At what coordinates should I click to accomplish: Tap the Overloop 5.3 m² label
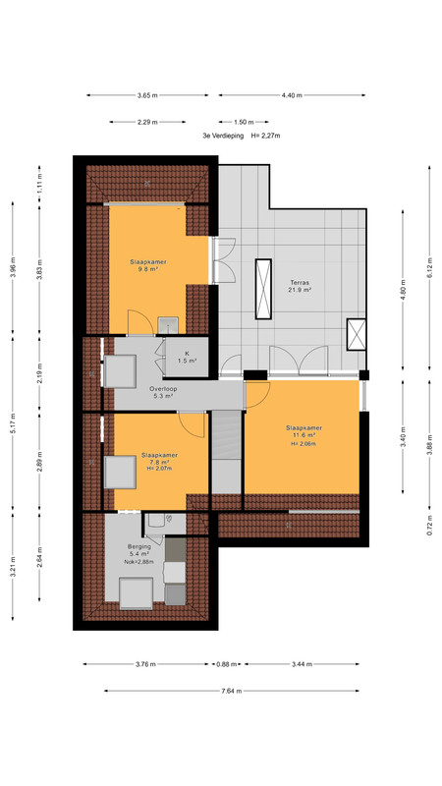(x=163, y=392)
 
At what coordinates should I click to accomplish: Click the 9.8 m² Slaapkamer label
(x=148, y=265)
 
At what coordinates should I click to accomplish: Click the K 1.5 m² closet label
(x=187, y=357)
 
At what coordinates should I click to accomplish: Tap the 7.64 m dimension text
(x=232, y=691)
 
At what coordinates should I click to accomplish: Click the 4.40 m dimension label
(x=292, y=95)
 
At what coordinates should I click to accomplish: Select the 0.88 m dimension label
(x=226, y=664)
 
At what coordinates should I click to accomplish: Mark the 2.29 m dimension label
(x=147, y=122)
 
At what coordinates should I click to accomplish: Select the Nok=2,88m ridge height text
(x=138, y=562)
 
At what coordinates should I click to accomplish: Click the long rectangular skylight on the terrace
(x=263, y=289)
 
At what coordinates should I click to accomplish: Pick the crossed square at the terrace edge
(x=357, y=334)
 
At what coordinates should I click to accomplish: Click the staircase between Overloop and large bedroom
(x=227, y=451)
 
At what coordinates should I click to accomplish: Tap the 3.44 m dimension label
(x=303, y=664)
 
